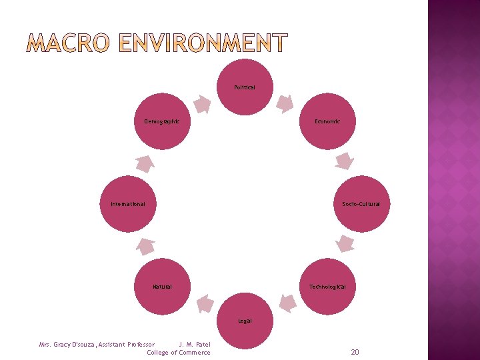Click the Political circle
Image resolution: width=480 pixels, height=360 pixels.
245,87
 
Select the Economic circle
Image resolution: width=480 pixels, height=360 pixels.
327,121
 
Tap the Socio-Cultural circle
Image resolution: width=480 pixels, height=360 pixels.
361,204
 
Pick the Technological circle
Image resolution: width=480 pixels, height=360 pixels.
327,287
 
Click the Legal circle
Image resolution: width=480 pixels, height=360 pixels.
245,321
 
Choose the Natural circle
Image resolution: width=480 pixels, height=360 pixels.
162,287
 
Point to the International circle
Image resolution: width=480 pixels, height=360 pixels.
128,204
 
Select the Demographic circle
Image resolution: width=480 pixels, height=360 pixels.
162,121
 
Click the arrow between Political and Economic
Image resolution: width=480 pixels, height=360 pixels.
285,103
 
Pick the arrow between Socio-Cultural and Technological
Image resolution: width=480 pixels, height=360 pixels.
345,244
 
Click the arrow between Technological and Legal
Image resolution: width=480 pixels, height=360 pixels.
287,304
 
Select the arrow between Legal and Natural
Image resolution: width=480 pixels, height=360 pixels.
204,305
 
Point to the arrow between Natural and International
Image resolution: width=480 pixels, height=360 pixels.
145,247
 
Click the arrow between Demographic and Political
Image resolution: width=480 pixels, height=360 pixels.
202,104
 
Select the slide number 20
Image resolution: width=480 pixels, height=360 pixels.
355,351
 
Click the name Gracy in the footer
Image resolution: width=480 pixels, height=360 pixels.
70,345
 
